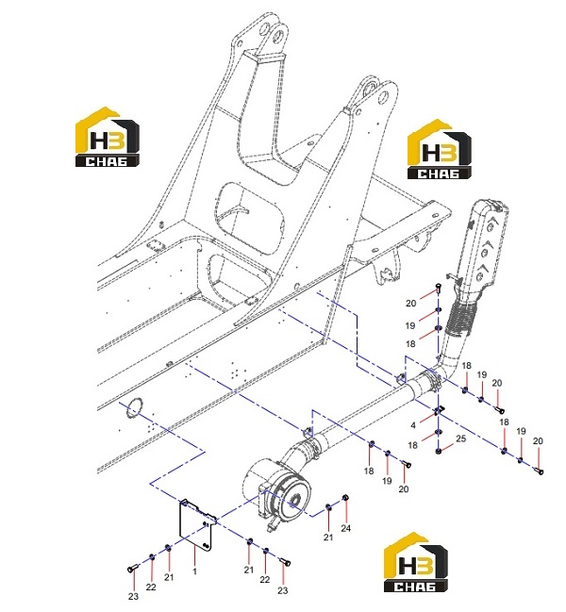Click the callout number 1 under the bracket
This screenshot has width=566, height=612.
pos(194,571)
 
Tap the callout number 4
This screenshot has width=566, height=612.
pos(413,425)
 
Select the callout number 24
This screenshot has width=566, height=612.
pos(346,528)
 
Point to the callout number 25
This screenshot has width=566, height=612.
pos(461,438)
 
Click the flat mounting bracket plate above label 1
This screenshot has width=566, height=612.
pos(196,525)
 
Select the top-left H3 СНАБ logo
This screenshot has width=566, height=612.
pos(107,137)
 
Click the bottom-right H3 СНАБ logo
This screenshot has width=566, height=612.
pos(416,562)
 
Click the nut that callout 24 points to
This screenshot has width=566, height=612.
pos(345,498)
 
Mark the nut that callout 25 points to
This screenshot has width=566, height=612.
pos(439,452)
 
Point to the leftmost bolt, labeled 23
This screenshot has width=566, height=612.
pos(133,569)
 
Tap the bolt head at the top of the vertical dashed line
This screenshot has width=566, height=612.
pos(438,288)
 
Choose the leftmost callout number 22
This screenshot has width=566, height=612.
pos(151,587)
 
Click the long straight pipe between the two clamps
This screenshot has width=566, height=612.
pos(363,414)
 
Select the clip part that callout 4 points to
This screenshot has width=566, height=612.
pos(439,410)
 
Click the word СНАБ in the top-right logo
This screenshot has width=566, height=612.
pos(439,173)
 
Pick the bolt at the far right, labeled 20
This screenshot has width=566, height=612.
pos(540,471)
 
